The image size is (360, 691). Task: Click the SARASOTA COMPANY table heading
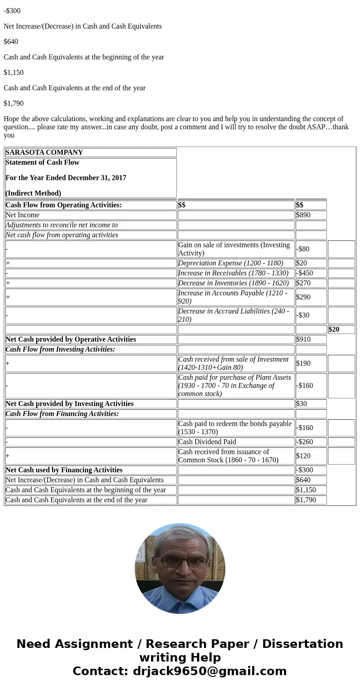pyautogui.click(x=44, y=152)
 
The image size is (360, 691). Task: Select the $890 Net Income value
pyautogui.click(x=303, y=215)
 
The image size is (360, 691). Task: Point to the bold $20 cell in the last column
pyautogui.click(x=334, y=329)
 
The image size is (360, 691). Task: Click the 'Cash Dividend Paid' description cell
pyautogui.click(x=207, y=442)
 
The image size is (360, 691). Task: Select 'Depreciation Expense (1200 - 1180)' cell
pyautogui.click(x=231, y=263)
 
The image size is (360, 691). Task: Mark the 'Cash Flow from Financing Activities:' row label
pyautogui.click(x=62, y=414)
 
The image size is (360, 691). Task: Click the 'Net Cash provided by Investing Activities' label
pyautogui.click(x=69, y=404)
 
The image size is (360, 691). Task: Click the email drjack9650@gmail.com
pyautogui.click(x=210, y=671)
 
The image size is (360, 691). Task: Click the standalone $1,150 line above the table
pyautogui.click(x=14, y=73)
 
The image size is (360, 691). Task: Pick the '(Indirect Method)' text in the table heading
pyautogui.click(x=33, y=193)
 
